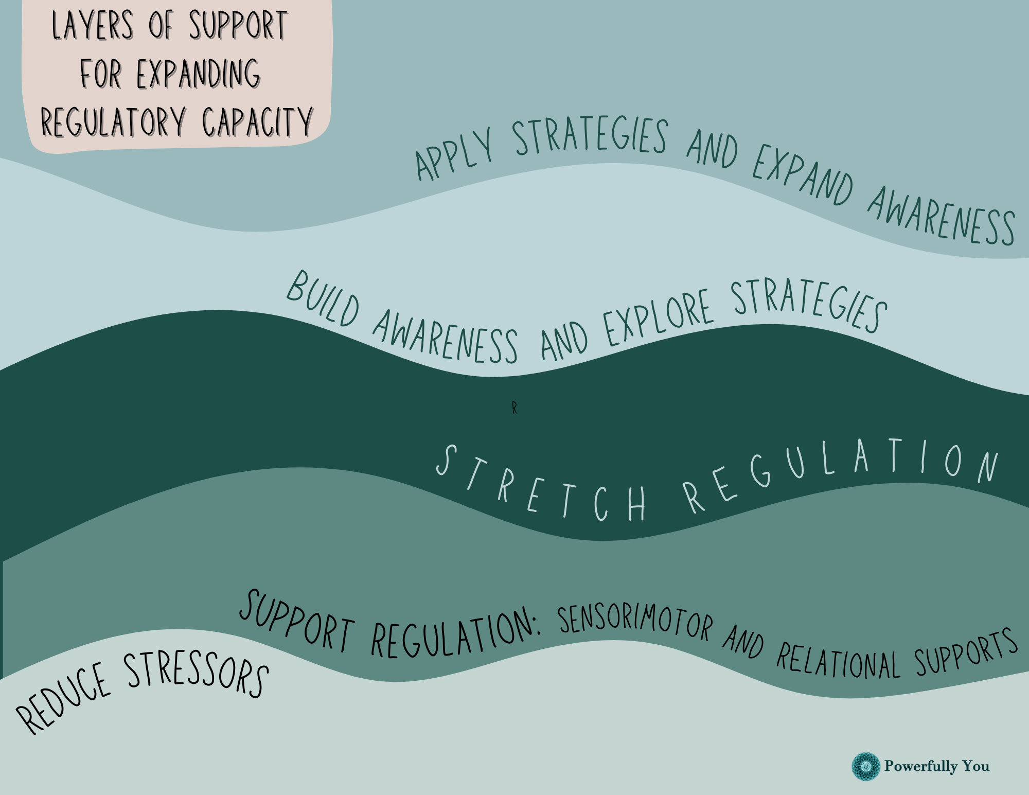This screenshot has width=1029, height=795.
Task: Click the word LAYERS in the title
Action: [93, 26]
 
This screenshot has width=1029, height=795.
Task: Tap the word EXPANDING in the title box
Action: [199, 74]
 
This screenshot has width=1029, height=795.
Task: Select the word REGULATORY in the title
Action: [113, 122]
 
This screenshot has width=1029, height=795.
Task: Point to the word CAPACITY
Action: [257, 122]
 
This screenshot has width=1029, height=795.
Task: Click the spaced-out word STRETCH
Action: [540, 486]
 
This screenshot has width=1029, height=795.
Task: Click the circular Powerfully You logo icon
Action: [866, 766]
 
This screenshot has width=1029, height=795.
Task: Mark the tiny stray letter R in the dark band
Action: [514, 409]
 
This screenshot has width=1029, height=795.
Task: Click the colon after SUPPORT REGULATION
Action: [538, 628]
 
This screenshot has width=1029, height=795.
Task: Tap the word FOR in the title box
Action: [101, 74]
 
